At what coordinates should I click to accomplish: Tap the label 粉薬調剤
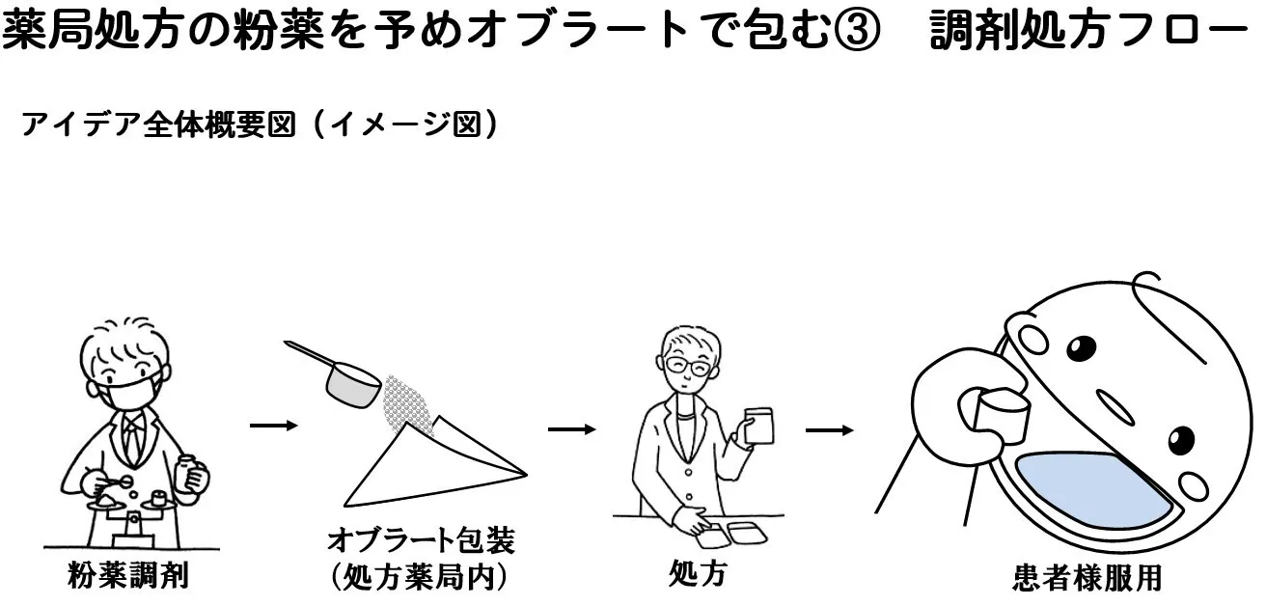click(128, 576)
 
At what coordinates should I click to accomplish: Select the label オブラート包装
click(421, 539)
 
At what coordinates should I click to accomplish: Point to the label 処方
click(697, 573)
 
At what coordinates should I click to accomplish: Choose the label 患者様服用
click(1087, 577)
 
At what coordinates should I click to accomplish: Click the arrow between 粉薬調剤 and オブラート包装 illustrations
click(273, 425)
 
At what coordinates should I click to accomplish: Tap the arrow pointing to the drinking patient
click(829, 429)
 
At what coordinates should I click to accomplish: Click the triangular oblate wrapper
click(425, 468)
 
